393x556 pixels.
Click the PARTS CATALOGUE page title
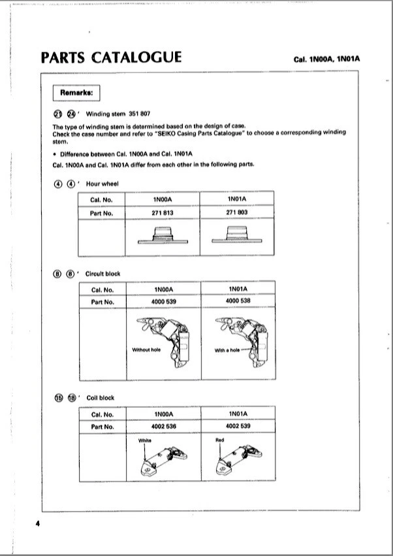click(x=111, y=57)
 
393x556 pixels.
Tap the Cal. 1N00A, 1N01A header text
click(x=327, y=59)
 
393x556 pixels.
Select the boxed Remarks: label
click(x=76, y=93)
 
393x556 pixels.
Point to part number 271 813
click(x=163, y=213)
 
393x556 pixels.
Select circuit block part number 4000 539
click(x=163, y=301)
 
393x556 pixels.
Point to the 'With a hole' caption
click(x=227, y=351)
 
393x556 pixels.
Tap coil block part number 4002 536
click(x=163, y=427)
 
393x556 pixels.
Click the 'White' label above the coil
click(x=145, y=440)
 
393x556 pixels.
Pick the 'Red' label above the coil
click(x=219, y=440)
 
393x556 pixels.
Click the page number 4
click(x=37, y=523)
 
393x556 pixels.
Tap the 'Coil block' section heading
click(x=100, y=397)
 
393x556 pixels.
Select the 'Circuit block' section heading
click(x=103, y=273)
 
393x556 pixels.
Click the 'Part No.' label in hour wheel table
click(x=102, y=213)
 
